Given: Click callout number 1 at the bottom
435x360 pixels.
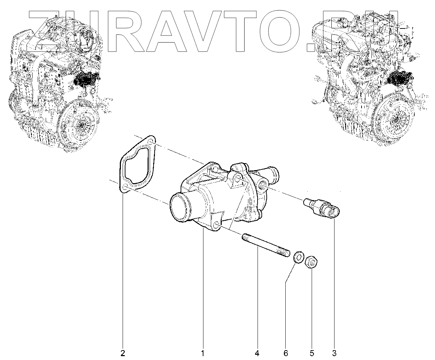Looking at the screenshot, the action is tap(202, 353).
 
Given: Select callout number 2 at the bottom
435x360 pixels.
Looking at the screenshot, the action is tap(123, 353).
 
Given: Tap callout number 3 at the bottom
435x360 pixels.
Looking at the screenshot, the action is tap(334, 353).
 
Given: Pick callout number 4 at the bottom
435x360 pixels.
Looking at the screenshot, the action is tap(257, 353).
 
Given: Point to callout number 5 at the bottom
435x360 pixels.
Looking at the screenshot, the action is tap(312, 353).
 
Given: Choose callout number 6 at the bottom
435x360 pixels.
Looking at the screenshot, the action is tap(286, 353).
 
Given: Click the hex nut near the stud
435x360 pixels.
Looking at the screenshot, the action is tap(311, 263).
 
